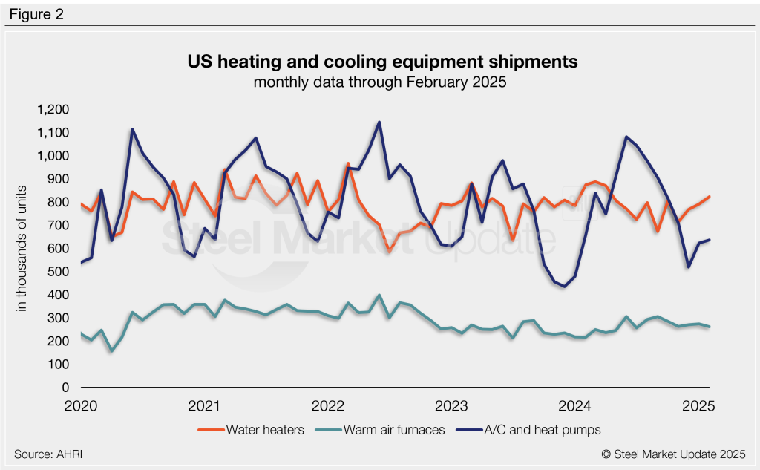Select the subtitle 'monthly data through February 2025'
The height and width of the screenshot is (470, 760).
(x=379, y=82)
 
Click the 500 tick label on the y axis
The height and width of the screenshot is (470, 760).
(x=59, y=272)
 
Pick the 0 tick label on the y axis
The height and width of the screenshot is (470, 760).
(x=66, y=388)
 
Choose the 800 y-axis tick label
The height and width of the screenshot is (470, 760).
(x=59, y=203)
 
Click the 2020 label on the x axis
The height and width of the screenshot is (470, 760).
(x=81, y=406)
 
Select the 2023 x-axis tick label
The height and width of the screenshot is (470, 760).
(x=451, y=406)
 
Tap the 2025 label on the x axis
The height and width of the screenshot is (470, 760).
(x=698, y=406)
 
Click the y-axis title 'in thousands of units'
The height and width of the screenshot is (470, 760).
(x=24, y=249)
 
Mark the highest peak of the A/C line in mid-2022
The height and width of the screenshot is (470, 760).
(x=379, y=122)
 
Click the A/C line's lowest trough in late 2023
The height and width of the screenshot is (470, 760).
(x=564, y=287)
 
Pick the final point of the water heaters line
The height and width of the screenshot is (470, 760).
(x=710, y=197)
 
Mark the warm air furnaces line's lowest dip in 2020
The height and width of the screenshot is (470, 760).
(x=111, y=351)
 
